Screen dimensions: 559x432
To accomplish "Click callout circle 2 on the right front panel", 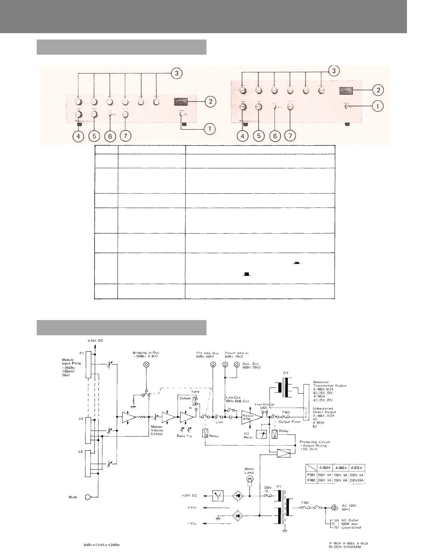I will coord(378,90).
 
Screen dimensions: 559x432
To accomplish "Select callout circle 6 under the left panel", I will coord(110,136).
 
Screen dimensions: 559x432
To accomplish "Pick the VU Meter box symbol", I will coord(261,434).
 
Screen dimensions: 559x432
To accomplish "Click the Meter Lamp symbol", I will coord(250,479).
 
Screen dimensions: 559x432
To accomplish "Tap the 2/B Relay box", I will coord(205,433).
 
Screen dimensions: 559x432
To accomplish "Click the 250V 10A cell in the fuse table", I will coord(356,480).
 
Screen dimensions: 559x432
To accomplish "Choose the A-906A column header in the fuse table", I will coord(341,468).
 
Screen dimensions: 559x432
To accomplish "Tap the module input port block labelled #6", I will coord(88,463).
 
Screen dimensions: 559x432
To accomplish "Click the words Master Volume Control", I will coord(157,430).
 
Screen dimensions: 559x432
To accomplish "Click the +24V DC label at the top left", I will coord(95,341).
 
